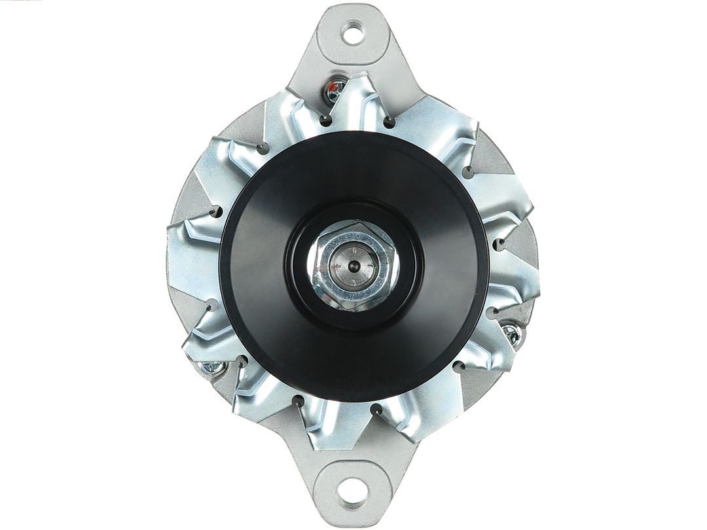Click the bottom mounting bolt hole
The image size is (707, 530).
point(353,489)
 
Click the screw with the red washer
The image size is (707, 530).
point(336,90)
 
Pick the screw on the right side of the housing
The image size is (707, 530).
point(512,334)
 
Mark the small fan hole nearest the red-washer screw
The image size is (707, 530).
point(325,120)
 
